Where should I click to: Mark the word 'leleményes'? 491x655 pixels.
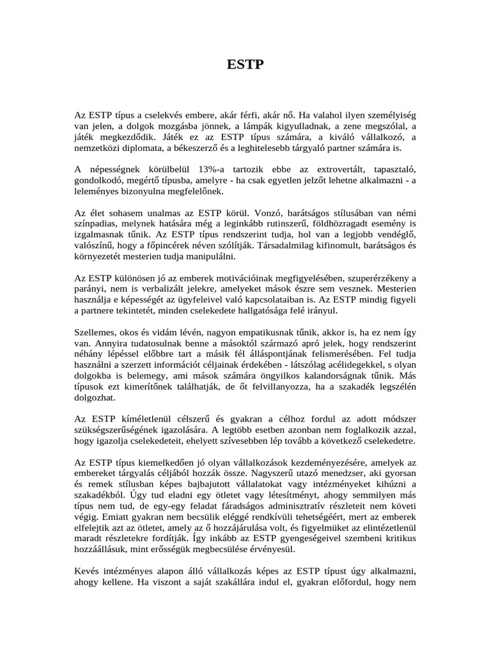(x=98, y=192)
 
